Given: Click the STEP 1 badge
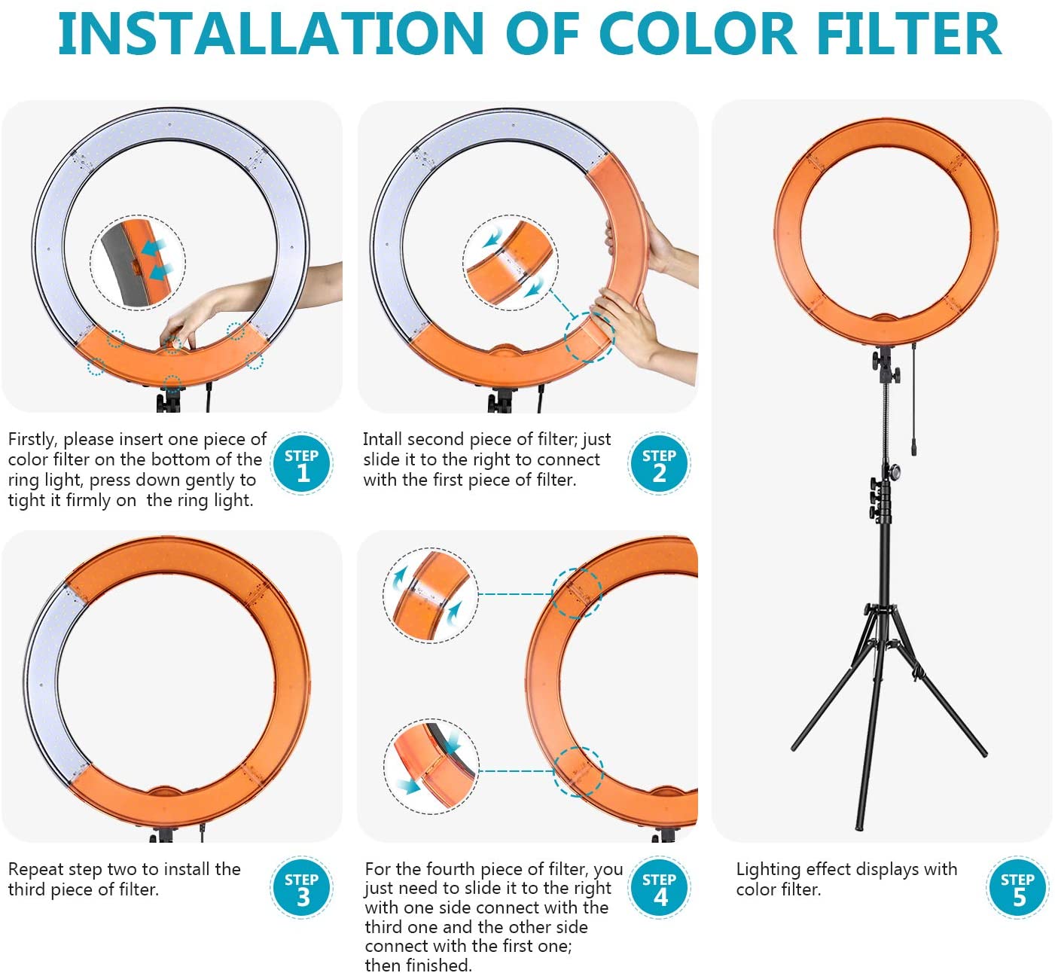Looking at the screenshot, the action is [302, 463].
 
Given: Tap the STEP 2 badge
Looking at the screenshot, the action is [659, 463].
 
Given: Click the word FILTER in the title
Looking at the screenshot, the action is [908, 34].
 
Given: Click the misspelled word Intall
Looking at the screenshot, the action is [383, 439].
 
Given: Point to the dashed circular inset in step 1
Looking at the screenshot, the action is [138, 263].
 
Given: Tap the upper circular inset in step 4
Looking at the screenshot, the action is [431, 596].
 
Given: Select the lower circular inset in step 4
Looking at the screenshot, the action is [431, 766].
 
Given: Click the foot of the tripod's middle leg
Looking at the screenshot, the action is [858, 825].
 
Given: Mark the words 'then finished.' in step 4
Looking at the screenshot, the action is [418, 965].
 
